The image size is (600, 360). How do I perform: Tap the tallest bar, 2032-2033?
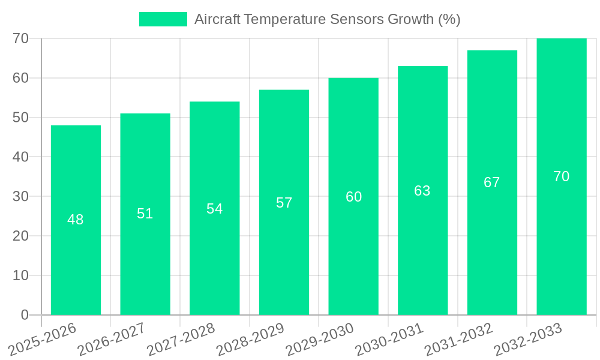(562, 240)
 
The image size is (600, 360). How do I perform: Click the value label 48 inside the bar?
(76, 220)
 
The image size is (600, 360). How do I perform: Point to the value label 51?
(145, 214)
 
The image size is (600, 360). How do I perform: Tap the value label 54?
(215, 208)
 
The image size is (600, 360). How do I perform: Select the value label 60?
(353, 197)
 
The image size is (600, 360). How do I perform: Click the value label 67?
(492, 182)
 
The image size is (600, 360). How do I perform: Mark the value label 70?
(562, 176)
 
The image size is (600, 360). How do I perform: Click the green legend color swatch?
(163, 19)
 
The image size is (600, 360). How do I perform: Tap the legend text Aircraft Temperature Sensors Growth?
(327, 19)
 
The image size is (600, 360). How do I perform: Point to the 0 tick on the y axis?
(25, 315)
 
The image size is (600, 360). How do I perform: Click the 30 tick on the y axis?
(21, 196)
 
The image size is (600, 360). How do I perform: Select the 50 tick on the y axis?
(21, 118)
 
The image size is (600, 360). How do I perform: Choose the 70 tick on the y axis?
(21, 38)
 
